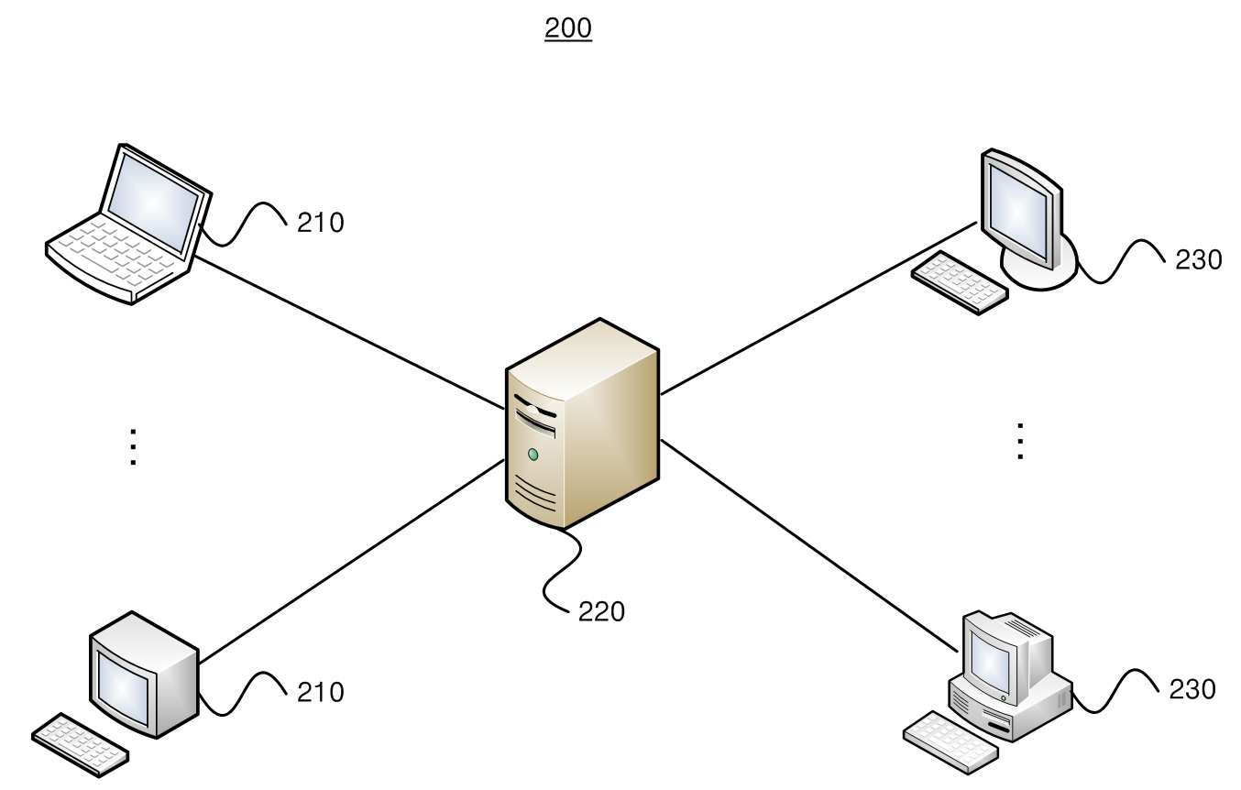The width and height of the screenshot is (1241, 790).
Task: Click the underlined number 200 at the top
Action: coord(568,28)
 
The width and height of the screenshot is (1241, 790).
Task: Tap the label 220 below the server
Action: coord(601,611)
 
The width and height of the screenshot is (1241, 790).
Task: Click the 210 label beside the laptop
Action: coord(320,223)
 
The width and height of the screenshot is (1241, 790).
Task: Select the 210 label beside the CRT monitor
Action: coord(320,692)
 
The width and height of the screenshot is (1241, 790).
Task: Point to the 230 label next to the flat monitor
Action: coord(1198,260)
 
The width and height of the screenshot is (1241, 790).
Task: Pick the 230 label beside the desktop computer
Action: coord(1192,690)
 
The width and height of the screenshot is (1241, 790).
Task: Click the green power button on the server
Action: coord(533,455)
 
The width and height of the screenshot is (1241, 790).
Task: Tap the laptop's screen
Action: coord(153,201)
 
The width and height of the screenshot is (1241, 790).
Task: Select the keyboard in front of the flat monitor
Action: coord(960,282)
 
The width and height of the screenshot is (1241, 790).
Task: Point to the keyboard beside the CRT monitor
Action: coord(81,744)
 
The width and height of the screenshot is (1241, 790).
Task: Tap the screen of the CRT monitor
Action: coord(124,687)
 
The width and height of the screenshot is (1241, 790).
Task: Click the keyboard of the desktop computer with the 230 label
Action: coord(950,742)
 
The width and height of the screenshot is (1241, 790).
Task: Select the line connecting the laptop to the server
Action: coord(350,333)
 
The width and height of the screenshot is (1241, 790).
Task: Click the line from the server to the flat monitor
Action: coord(818,309)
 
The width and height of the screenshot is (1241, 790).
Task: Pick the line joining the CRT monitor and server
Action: coord(351,561)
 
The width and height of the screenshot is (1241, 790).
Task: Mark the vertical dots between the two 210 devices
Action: coord(133,447)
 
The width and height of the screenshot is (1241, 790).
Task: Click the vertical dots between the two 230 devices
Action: coord(1020,442)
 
